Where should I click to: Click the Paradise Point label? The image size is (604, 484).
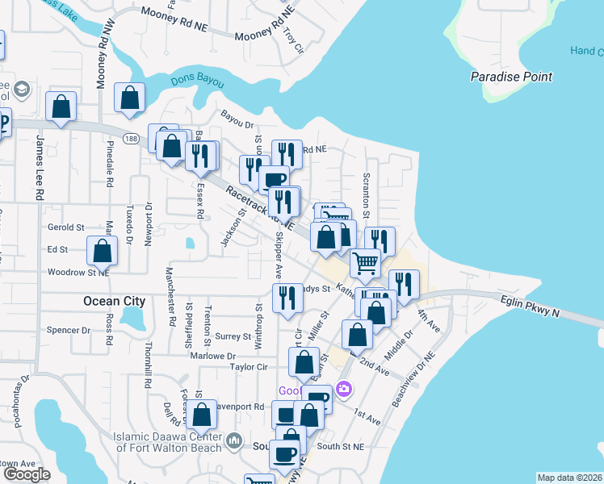512,77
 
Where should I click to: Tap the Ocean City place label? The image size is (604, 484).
114,302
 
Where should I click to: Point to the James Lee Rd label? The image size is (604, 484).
38,167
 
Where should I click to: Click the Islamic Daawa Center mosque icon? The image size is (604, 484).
234,440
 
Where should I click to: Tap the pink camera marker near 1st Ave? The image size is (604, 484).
344,390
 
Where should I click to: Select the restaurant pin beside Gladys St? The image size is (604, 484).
287,298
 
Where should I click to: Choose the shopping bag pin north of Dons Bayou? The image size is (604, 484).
129,98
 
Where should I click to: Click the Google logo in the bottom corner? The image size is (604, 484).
27,474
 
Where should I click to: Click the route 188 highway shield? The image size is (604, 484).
131,138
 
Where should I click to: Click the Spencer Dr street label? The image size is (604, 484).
69,330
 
